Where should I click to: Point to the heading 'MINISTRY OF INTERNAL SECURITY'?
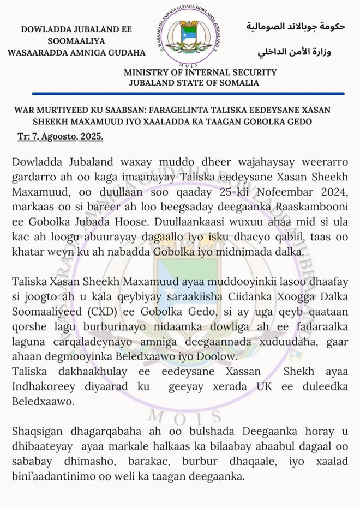click(x=200, y=72)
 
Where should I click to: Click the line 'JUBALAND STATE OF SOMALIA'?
click(x=194, y=83)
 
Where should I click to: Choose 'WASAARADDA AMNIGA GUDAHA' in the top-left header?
click(x=76, y=53)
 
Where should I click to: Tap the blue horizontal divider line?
click(x=180, y=94)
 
